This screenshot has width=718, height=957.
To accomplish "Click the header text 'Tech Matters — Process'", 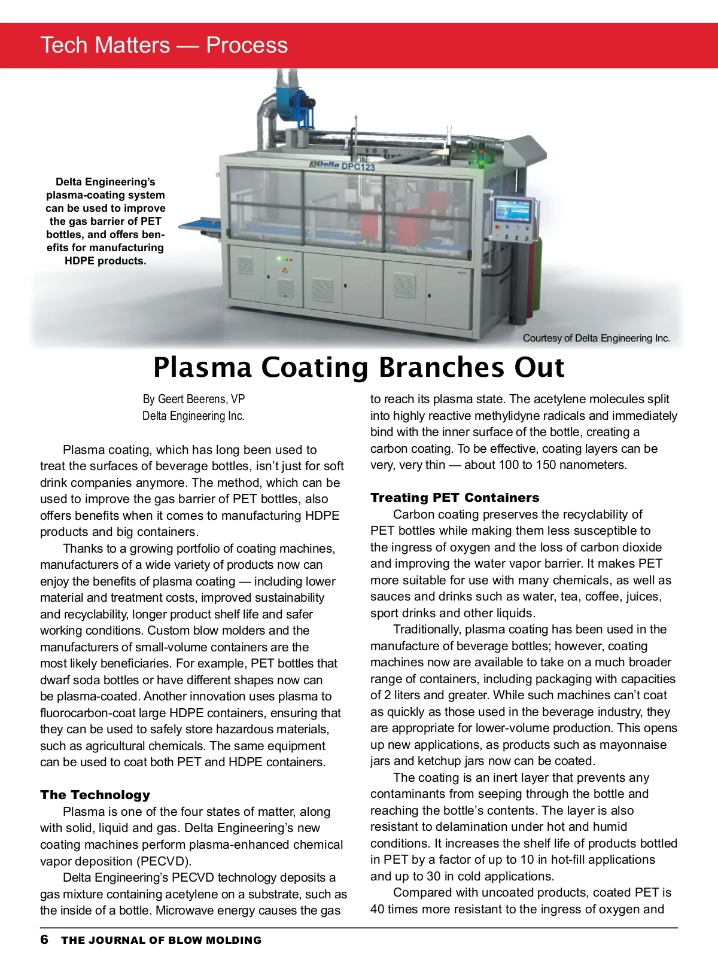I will (x=164, y=45).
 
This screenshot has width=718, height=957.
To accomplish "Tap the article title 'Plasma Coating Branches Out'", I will (x=358, y=367).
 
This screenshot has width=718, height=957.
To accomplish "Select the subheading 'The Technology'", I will (x=95, y=795).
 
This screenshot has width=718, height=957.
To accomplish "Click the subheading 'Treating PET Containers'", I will (x=454, y=498).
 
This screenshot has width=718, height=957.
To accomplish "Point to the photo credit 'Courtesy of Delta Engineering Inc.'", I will (x=596, y=339).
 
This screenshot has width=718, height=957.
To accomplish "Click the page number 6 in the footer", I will (x=44, y=940).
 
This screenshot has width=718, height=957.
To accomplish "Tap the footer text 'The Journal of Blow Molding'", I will (x=161, y=940).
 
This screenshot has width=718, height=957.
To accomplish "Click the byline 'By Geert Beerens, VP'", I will (x=193, y=399).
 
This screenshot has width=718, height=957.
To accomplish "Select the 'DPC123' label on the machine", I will (x=358, y=166).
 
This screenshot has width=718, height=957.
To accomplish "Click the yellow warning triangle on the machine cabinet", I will (x=285, y=270).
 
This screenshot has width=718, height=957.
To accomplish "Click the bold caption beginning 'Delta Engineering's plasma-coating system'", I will (x=105, y=221).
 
